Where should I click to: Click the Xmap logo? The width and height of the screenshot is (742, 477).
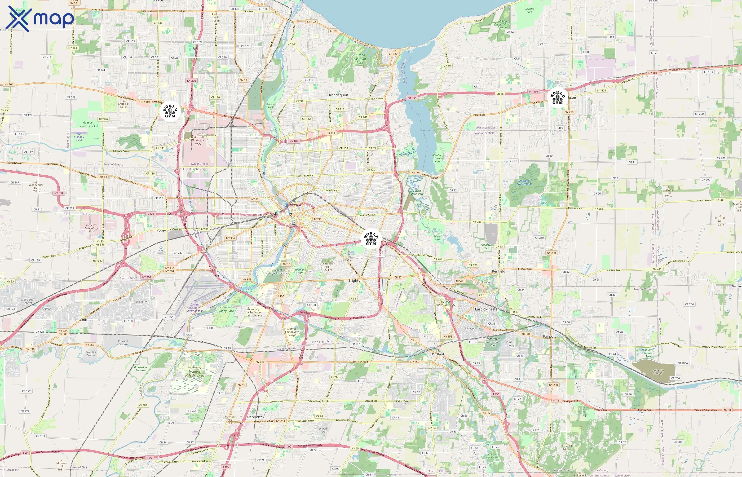40,19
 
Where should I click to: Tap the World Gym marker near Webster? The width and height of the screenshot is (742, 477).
558,97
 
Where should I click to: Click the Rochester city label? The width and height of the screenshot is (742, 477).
283,214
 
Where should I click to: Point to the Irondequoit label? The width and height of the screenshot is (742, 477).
338,95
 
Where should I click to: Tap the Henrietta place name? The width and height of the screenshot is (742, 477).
255,417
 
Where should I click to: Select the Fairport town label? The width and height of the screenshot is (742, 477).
549,336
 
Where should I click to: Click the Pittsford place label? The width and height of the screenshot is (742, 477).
438,354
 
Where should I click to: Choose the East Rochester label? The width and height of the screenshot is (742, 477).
487,309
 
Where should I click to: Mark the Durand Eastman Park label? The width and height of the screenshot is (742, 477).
360,59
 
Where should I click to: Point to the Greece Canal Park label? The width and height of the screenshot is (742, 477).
88,124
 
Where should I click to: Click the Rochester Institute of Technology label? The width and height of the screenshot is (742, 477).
195,372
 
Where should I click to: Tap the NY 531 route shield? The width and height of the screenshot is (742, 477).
59,193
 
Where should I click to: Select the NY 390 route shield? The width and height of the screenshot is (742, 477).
191,81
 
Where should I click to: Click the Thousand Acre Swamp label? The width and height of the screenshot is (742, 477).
524,182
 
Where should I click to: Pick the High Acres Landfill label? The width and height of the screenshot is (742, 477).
658,372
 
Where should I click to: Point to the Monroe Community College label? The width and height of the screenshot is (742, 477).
292,332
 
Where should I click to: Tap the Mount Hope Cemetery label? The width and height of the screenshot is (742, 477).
278,272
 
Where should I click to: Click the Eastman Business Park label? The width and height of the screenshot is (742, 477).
198,140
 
